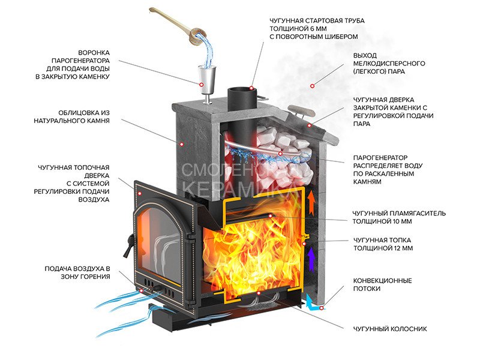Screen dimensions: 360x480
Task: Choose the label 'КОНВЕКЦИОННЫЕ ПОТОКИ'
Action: pyautogui.click(x=382, y=284)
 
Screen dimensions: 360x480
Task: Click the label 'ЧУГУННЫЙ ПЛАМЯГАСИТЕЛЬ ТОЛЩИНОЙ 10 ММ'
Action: pyautogui.click(x=399, y=217)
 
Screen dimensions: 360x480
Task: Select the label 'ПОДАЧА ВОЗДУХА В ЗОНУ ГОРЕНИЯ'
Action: pyautogui.click(x=77, y=272)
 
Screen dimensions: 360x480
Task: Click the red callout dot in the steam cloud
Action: pyautogui.click(x=312, y=86)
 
